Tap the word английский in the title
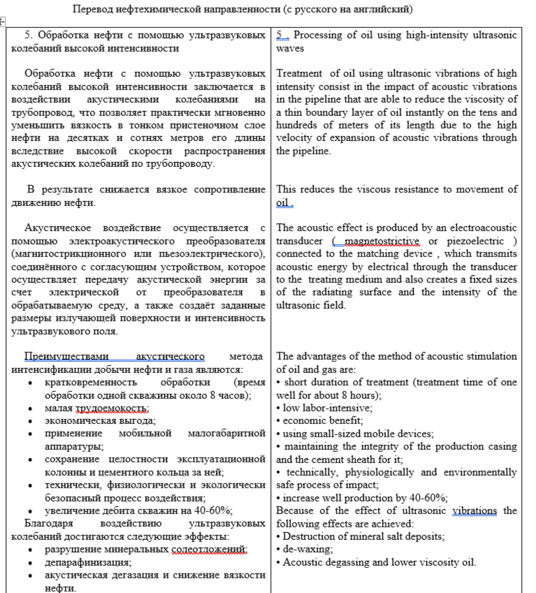[377, 9]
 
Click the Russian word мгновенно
[240, 98]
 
